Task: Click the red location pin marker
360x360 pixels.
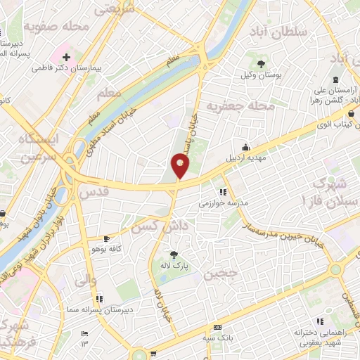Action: pyautogui.click(x=181, y=166)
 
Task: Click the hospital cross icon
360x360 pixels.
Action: pyautogui.click(x=66, y=56)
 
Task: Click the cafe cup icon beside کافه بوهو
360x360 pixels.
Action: pyautogui.click(x=105, y=238)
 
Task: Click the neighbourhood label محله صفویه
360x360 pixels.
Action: pyautogui.click(x=58, y=26)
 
